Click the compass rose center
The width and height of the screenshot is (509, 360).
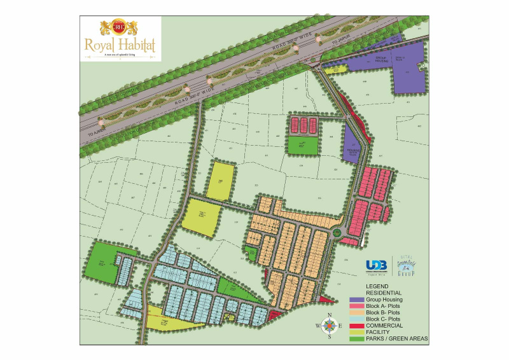[x=329, y=326]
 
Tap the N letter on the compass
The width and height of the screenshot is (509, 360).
[x=329, y=315]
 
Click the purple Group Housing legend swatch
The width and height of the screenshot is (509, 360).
[x=356, y=300]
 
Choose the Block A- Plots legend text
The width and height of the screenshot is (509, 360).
[x=384, y=307]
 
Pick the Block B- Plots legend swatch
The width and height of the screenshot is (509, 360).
[x=356, y=313]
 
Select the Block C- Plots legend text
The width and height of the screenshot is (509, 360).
[x=384, y=319]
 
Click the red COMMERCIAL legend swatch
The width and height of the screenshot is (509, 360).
[x=356, y=326]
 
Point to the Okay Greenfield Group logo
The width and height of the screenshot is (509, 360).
[x=405, y=265]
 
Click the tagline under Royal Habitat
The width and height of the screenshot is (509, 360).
[x=120, y=56]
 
